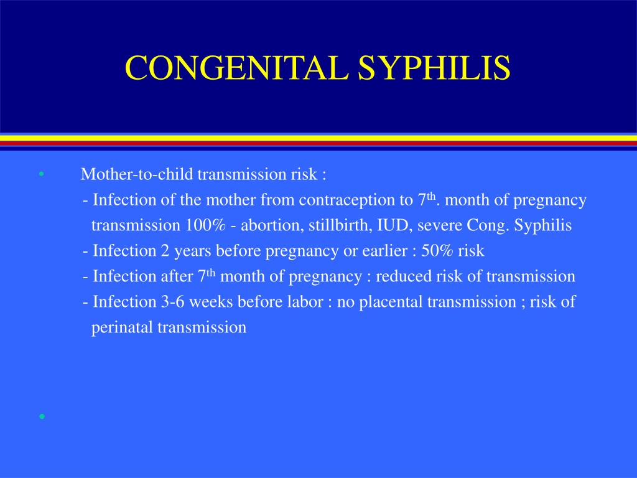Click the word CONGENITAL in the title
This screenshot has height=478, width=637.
coord(236,68)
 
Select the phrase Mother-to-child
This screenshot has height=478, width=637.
coord(118,175)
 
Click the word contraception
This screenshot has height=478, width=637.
coord(343,200)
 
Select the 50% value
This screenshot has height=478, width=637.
coord(438,251)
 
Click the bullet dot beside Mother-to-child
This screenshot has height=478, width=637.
coord(41,175)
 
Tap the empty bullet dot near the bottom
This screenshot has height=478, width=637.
coord(41,416)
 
